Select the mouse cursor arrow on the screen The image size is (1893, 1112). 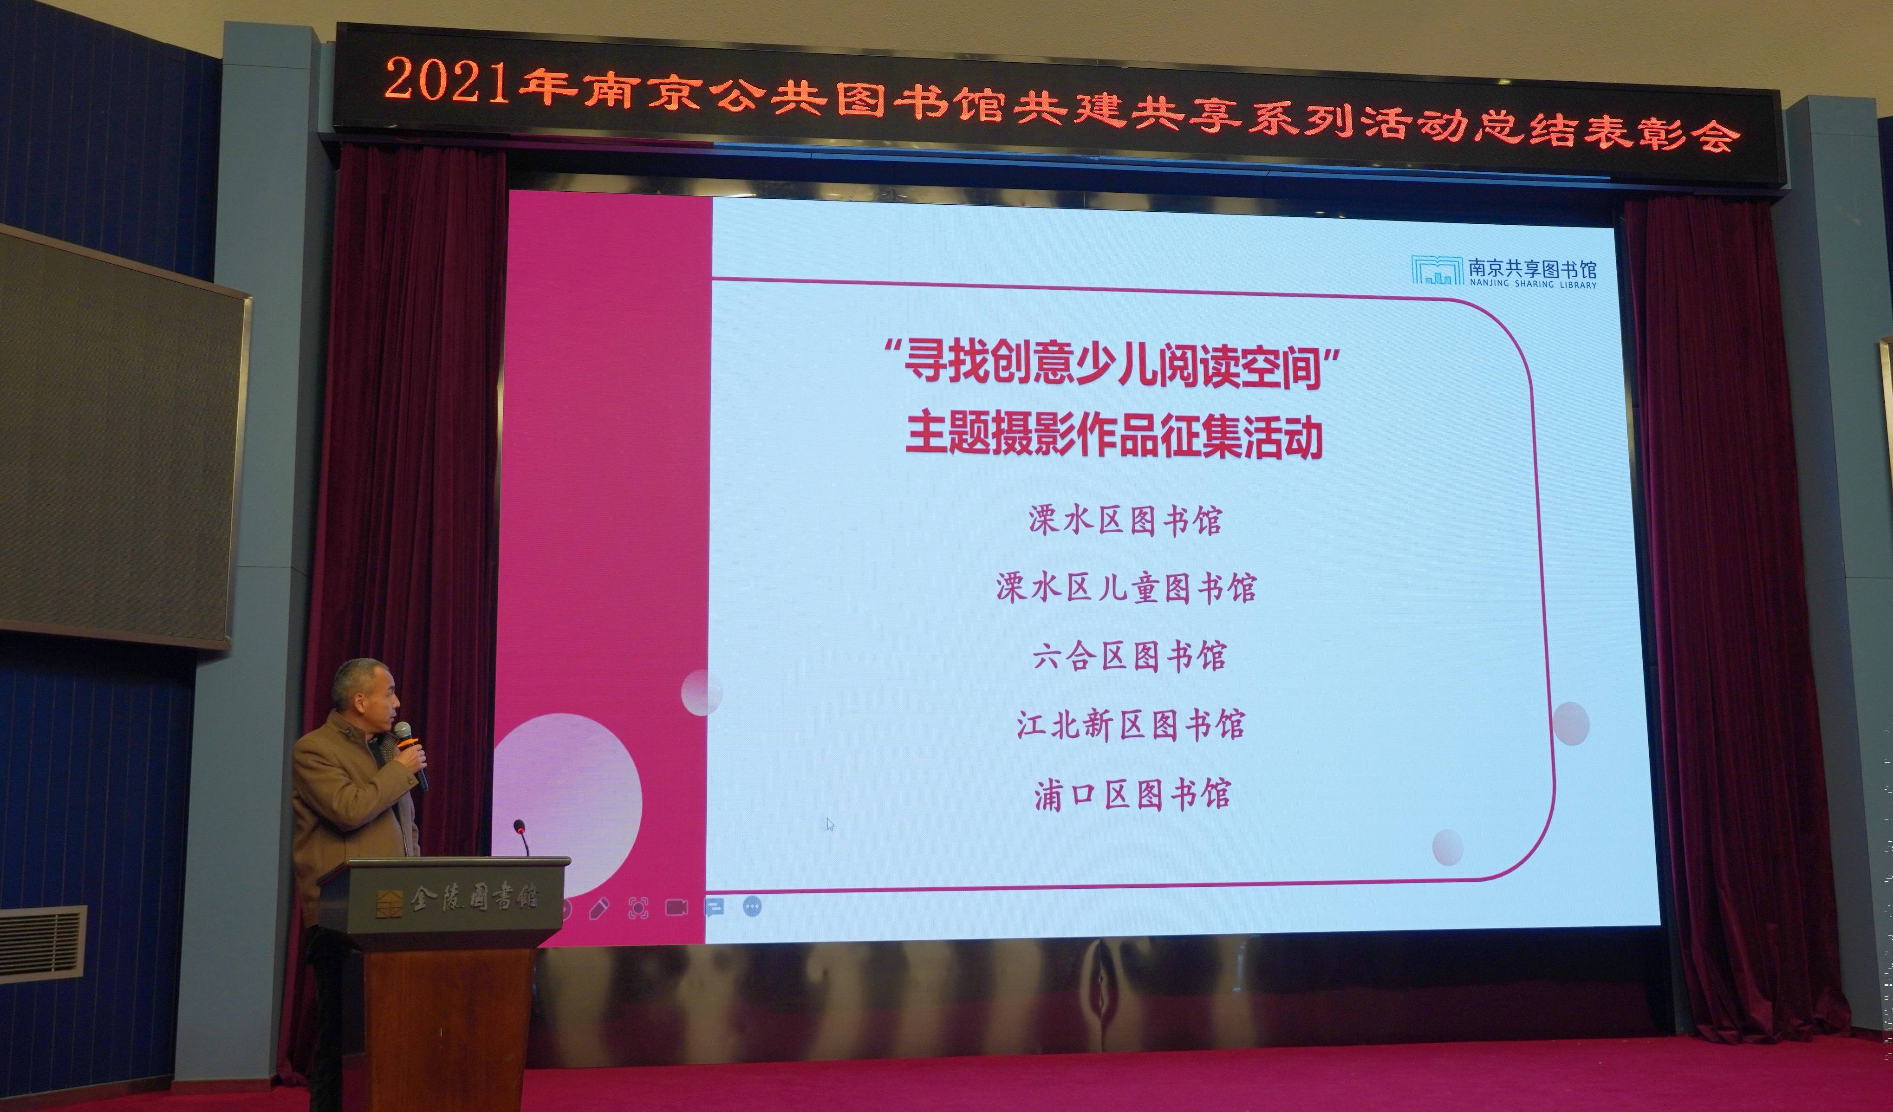[830, 824]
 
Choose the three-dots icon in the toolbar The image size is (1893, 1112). [752, 907]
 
